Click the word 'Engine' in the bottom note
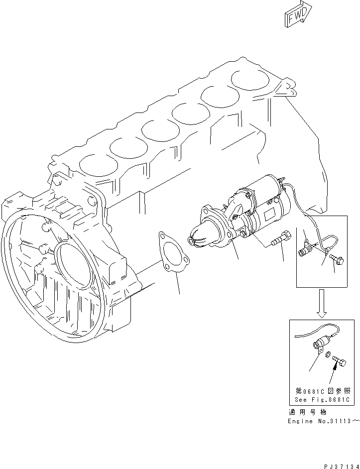pyautogui.click(x=300, y=421)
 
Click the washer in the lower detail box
pyautogui.click(x=327, y=355)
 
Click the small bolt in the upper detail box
pyautogui.click(x=332, y=258)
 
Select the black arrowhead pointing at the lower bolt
pyautogui.click(x=342, y=367)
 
